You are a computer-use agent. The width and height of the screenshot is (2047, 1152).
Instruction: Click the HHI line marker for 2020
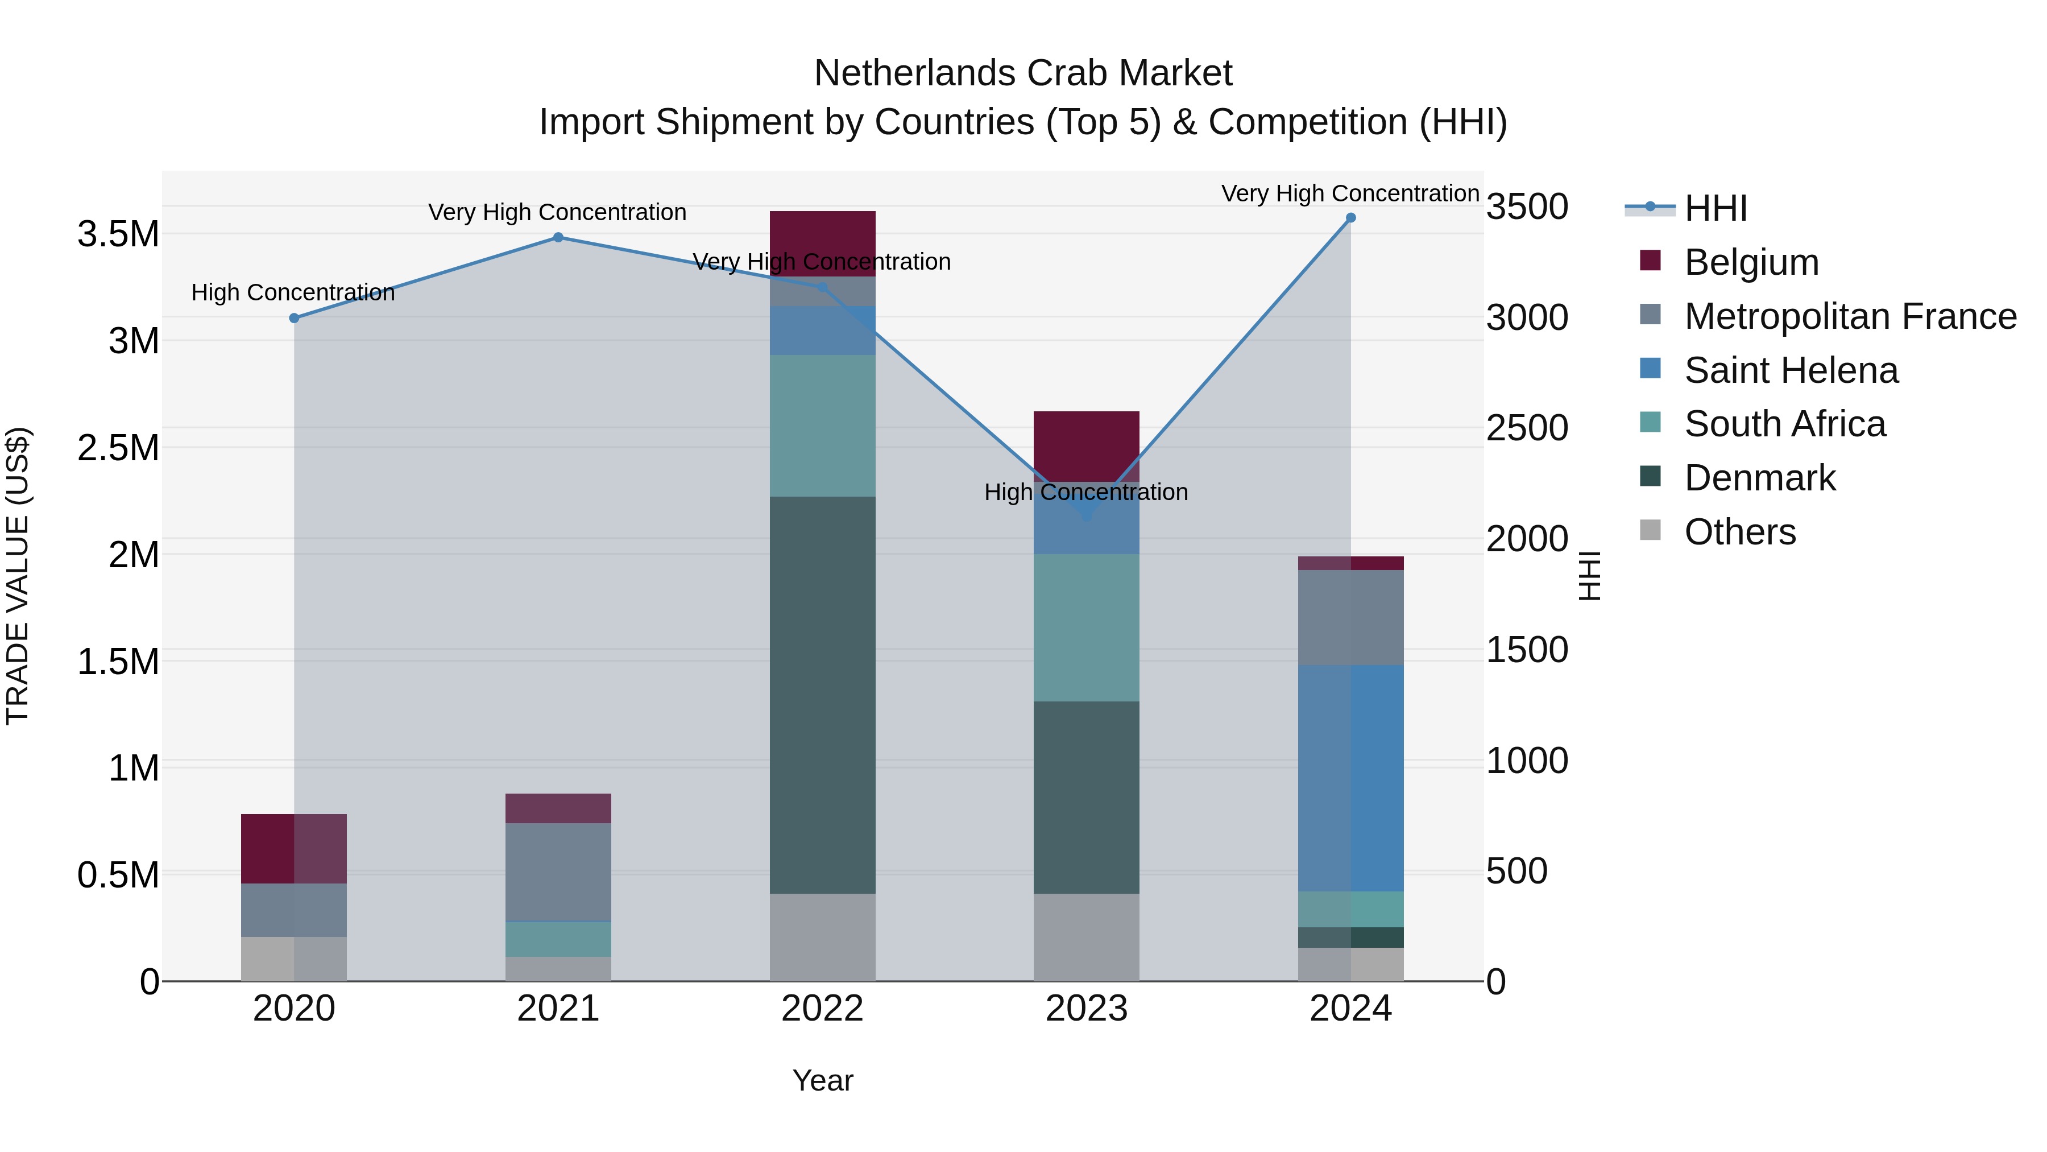(294, 318)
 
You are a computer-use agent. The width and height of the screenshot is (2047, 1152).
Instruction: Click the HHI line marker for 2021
(558, 237)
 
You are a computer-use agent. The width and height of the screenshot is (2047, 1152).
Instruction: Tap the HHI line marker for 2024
(1350, 218)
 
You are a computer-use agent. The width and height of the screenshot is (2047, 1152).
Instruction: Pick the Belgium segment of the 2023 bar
(1086, 445)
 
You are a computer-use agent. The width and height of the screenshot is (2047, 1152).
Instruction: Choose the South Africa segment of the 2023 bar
(1086, 627)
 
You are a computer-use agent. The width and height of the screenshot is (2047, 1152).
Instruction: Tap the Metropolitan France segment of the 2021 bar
(558, 872)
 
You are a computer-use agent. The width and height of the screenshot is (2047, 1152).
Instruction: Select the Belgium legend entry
(1751, 262)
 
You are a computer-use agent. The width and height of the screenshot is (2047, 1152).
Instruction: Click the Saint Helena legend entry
(1791, 370)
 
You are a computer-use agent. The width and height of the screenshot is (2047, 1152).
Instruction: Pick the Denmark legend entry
(1759, 478)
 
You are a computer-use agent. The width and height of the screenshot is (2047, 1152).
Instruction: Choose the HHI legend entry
(1715, 208)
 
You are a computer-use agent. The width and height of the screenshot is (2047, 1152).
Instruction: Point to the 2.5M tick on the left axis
(118, 448)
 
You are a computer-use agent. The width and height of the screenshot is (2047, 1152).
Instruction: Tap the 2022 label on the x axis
(822, 1009)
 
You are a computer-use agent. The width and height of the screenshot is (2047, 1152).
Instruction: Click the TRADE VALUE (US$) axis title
(18, 576)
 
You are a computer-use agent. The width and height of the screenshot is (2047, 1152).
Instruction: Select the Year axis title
(822, 1080)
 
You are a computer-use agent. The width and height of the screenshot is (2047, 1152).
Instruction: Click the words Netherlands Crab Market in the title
(1023, 73)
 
